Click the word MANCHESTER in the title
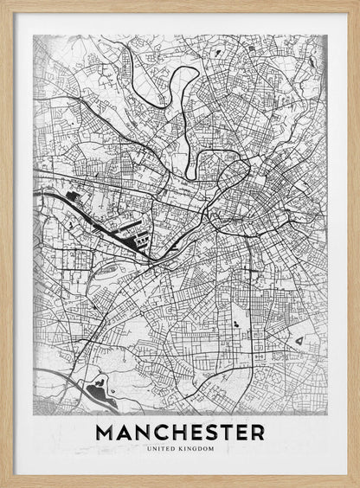point(180,432)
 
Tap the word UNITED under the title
point(163,448)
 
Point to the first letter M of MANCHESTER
point(106,432)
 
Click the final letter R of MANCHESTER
point(256,432)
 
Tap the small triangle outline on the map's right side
point(299,343)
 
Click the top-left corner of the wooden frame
point(3,3)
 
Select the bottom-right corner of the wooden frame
point(357,485)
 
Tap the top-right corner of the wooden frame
point(357,3)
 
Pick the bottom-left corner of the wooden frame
point(3,485)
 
